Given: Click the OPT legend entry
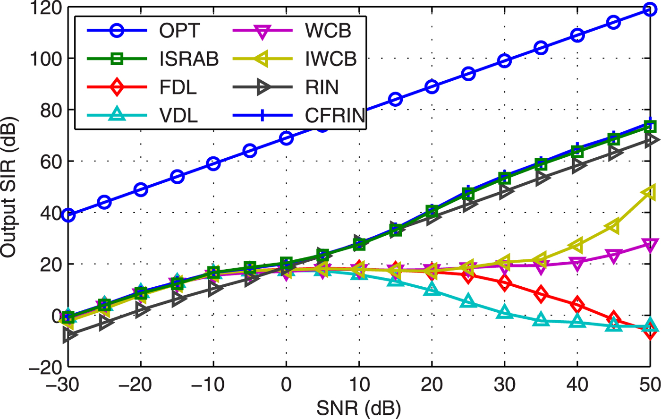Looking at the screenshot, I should click(x=179, y=31).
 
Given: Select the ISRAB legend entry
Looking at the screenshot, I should click(x=189, y=59).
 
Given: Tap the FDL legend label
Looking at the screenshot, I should click(x=178, y=87).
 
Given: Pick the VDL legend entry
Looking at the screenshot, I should click(x=178, y=115).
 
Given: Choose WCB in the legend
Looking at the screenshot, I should click(x=328, y=31).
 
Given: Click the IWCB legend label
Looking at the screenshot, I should click(x=330, y=59).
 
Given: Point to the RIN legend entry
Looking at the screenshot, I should click(x=322, y=87).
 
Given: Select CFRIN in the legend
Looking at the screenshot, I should click(x=335, y=115).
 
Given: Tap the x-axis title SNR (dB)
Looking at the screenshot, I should click(x=359, y=407).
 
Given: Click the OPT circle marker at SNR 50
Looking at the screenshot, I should click(x=650, y=9).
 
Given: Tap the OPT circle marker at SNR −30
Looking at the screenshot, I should click(x=68, y=215).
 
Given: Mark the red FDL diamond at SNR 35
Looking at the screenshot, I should click(x=541, y=294).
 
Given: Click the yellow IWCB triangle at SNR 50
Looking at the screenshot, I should click(x=650, y=193).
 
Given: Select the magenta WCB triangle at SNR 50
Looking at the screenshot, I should click(x=650, y=245).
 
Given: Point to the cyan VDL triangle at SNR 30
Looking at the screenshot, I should click(x=505, y=312).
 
